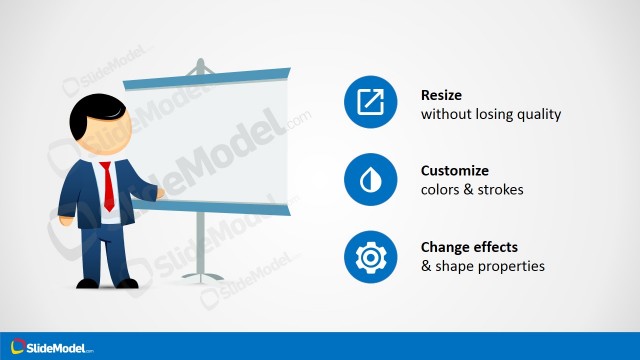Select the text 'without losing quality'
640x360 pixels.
click(x=491, y=114)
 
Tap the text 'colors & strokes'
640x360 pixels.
click(x=471, y=190)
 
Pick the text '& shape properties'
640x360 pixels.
click(x=483, y=266)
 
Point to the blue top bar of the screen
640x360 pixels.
click(x=206, y=76)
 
